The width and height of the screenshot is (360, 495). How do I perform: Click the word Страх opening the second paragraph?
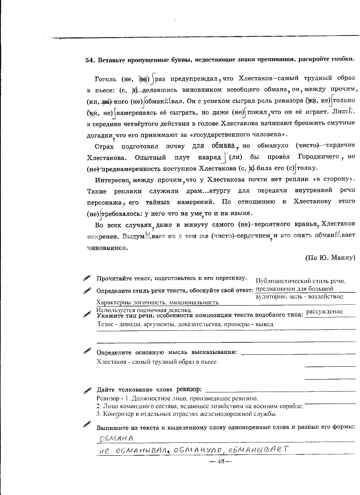point(105,145)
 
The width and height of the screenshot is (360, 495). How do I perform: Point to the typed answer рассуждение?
point(325,312)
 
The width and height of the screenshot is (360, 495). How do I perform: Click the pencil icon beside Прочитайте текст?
point(88,278)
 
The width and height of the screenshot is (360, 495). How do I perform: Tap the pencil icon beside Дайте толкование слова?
point(88,390)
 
